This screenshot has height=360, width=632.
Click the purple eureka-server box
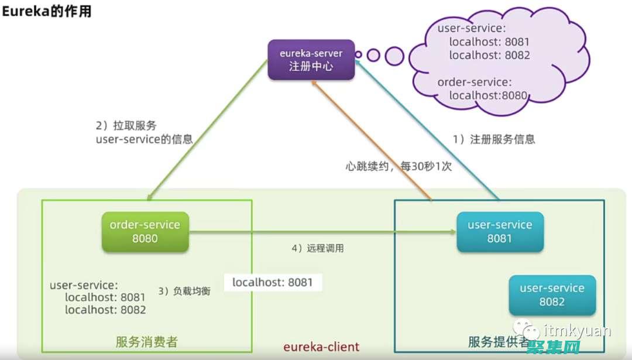[x=311, y=60]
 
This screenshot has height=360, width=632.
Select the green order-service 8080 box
[x=145, y=232]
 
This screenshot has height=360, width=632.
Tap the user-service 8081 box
[x=500, y=232]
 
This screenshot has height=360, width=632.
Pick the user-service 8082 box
[x=552, y=295]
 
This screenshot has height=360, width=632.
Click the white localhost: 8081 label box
[x=273, y=283]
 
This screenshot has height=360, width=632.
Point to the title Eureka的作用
[x=47, y=11]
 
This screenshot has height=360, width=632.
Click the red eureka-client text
[x=321, y=347]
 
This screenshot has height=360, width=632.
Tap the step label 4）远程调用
[x=317, y=248]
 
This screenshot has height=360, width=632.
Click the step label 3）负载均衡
[x=184, y=291]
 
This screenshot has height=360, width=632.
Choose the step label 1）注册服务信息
[x=494, y=139]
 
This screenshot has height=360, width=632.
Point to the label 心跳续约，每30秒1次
[x=399, y=166]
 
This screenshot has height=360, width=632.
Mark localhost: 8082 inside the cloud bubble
[x=489, y=56]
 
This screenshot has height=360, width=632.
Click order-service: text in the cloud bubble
[x=474, y=83]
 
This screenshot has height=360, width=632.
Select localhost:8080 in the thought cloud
[x=488, y=95]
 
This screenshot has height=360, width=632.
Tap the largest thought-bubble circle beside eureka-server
[x=394, y=56]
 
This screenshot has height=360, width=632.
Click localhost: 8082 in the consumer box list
[x=105, y=310]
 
